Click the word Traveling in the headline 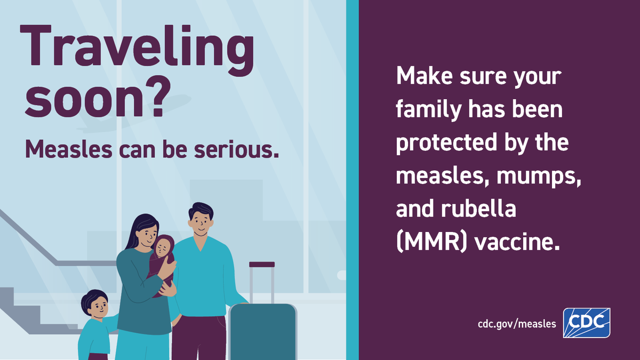(x=137, y=49)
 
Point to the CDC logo (x=587, y=323)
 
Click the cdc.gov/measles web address (x=517, y=324)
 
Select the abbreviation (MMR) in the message (x=430, y=243)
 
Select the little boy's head (x=95, y=304)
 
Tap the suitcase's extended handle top (x=261, y=265)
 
